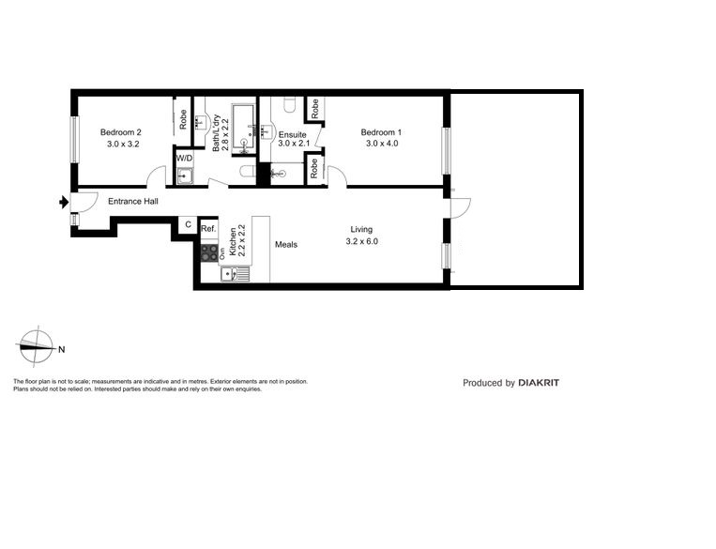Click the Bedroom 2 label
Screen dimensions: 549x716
click(x=121, y=132)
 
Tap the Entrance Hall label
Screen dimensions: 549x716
click(x=132, y=202)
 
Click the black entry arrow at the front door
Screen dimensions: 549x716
click(x=63, y=201)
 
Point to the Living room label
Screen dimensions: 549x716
click(x=361, y=229)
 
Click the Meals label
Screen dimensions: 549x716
click(x=285, y=245)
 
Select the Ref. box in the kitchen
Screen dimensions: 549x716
click(x=208, y=229)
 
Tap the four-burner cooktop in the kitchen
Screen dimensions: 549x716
click(x=208, y=252)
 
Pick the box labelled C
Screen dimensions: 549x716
click(x=188, y=225)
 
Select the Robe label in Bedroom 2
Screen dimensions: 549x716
click(x=183, y=120)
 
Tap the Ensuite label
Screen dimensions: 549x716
click(x=292, y=135)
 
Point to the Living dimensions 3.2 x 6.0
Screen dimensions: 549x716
click(x=361, y=241)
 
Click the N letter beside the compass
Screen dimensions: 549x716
click(x=61, y=350)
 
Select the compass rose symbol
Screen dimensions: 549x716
click(x=35, y=346)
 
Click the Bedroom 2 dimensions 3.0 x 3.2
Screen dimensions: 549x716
click(x=121, y=145)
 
